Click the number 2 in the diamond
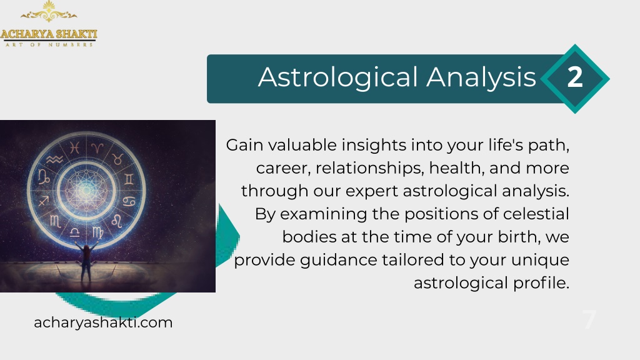pos(575,77)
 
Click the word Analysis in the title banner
pos(481,77)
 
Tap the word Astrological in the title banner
pos(338,77)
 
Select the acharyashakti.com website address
pos(103,322)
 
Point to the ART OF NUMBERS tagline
pos(49,44)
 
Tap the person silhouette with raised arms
pos(86,261)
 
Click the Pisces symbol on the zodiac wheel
pos(74,147)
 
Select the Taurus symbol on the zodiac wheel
pos(117,159)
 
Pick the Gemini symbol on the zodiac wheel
pos(129,179)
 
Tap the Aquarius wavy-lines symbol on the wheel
pos(54,159)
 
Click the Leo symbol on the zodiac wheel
pos(117,221)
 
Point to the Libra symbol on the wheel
pos(75,232)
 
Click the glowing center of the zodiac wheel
pos(86,190)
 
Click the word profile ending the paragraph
pos(541,283)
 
